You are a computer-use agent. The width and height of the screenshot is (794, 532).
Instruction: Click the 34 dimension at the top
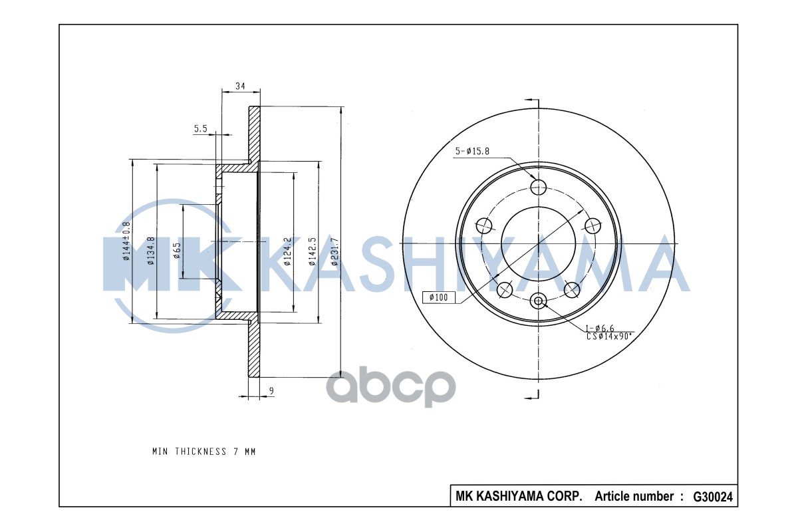point(240,86)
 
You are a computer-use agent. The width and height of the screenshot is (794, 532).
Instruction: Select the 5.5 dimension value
point(201,129)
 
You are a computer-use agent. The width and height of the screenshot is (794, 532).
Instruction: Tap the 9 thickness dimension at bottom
point(271,391)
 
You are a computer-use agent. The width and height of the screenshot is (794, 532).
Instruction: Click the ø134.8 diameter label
point(151,251)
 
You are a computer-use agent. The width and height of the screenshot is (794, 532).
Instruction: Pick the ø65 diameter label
point(177,251)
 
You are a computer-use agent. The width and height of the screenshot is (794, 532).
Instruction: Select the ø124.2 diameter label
point(288,251)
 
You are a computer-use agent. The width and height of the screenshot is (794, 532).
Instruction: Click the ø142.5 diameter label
point(312,251)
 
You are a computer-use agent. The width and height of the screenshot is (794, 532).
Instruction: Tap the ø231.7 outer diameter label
point(335,251)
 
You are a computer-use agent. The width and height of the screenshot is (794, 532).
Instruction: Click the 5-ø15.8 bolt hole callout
point(472,152)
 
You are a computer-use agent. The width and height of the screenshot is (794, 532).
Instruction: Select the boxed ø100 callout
point(439,297)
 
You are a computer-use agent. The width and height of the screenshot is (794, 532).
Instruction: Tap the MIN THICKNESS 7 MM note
point(203,452)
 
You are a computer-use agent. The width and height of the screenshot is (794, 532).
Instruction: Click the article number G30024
point(713,496)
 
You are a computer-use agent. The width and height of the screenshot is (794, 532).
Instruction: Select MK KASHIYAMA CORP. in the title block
point(519,496)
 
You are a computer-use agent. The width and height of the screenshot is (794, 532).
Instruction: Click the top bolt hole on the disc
point(538,186)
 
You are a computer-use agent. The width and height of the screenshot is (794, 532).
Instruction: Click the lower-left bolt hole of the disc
point(505,289)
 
